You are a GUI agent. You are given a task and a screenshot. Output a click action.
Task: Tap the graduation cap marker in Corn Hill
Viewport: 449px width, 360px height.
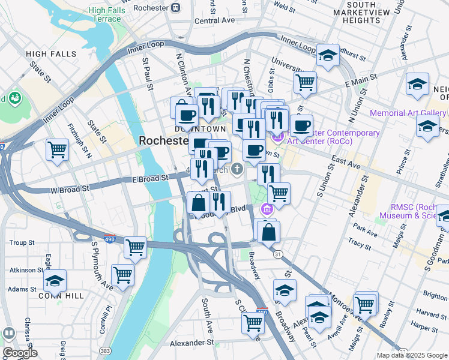[55, 280]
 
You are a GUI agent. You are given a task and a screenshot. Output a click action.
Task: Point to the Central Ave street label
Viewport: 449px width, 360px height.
[214, 20]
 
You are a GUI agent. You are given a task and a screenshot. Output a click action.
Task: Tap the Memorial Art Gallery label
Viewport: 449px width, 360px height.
[408, 113]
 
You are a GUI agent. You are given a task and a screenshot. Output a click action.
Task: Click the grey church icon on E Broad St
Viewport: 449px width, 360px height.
[238, 170]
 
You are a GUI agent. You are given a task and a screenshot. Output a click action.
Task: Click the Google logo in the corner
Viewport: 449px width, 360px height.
[20, 353]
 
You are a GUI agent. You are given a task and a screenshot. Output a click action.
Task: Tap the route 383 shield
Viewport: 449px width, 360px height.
[106, 350]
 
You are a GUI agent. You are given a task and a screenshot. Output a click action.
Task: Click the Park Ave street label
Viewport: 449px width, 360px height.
[364, 229]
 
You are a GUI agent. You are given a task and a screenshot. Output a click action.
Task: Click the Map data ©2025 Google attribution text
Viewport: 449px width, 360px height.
[411, 355]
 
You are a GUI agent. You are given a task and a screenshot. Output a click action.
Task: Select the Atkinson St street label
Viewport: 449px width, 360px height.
[25, 270]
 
